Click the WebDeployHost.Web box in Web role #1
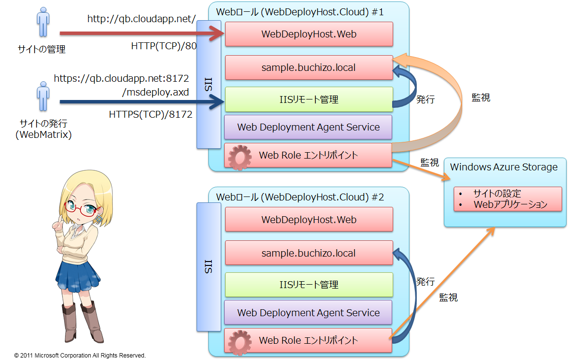[x=309, y=34]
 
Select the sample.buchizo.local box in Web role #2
[x=309, y=253]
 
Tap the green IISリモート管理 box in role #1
[x=309, y=99]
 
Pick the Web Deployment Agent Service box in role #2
[x=308, y=313]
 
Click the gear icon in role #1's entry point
[x=240, y=157]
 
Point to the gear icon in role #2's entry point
[x=240, y=341]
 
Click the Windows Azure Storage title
[x=503, y=167]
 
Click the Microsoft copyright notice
[x=80, y=355]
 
